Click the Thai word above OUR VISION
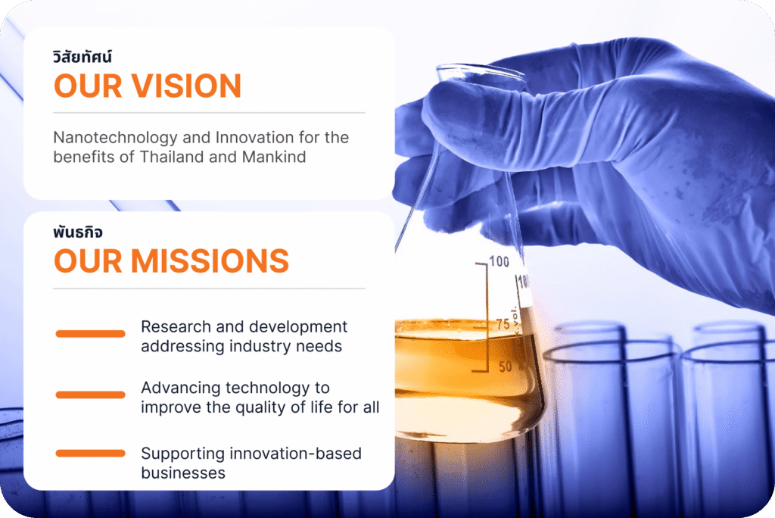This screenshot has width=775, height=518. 82,57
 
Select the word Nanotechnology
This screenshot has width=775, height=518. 115,138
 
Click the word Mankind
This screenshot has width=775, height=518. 274,157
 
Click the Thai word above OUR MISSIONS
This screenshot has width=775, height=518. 78,232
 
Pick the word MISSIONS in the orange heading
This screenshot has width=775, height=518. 210,261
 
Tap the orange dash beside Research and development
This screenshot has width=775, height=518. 91,333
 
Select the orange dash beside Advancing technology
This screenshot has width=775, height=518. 91,395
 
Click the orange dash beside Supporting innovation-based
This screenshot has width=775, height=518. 91,453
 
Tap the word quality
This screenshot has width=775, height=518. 260,407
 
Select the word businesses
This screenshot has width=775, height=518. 183,473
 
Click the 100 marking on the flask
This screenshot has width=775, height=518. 500,261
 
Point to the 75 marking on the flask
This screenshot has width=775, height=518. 503,324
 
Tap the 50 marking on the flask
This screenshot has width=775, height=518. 505,367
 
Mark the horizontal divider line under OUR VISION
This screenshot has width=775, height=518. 209,113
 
